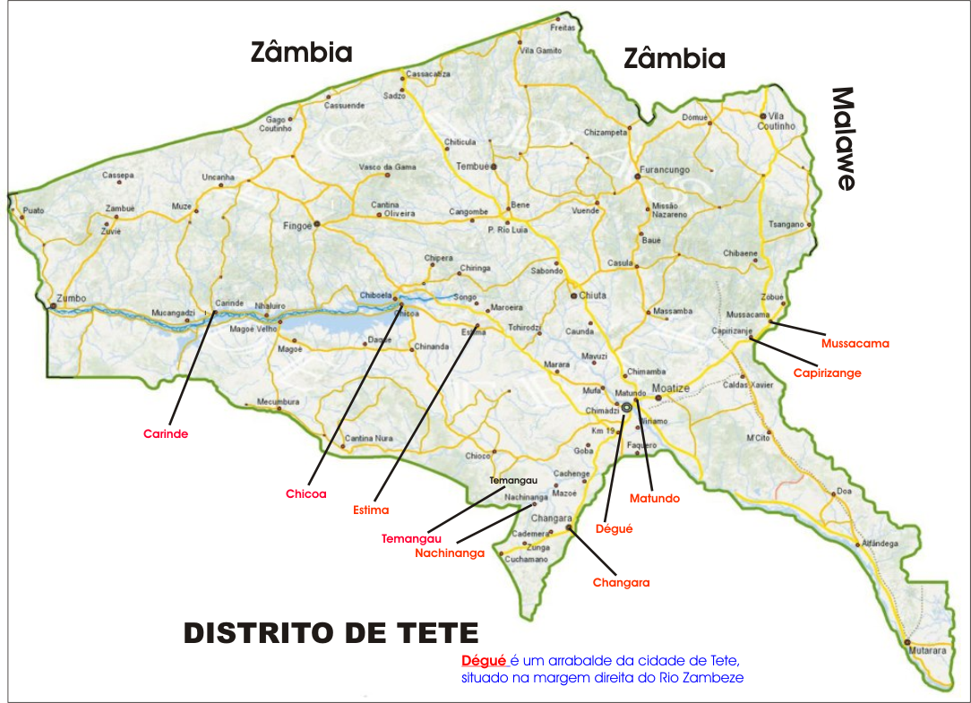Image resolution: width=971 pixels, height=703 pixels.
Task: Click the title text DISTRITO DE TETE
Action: click(331, 633)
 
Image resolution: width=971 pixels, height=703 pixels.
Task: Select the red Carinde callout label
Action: click(166, 434)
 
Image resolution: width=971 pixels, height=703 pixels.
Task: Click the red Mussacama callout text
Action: click(855, 343)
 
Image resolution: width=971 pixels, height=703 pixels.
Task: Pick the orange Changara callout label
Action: click(621, 583)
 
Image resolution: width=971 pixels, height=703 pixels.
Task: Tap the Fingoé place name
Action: click(296, 227)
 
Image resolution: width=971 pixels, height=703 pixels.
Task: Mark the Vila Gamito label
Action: click(541, 51)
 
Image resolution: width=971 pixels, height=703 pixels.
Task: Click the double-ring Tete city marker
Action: click(627, 407)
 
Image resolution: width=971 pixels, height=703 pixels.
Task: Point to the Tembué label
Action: click(471, 167)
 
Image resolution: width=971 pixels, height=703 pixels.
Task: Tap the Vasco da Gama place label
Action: click(387, 167)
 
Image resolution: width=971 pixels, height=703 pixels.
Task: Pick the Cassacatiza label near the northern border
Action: click(428, 74)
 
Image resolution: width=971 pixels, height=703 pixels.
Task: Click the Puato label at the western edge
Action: click(33, 210)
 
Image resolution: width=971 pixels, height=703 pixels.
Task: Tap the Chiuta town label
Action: click(592, 295)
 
